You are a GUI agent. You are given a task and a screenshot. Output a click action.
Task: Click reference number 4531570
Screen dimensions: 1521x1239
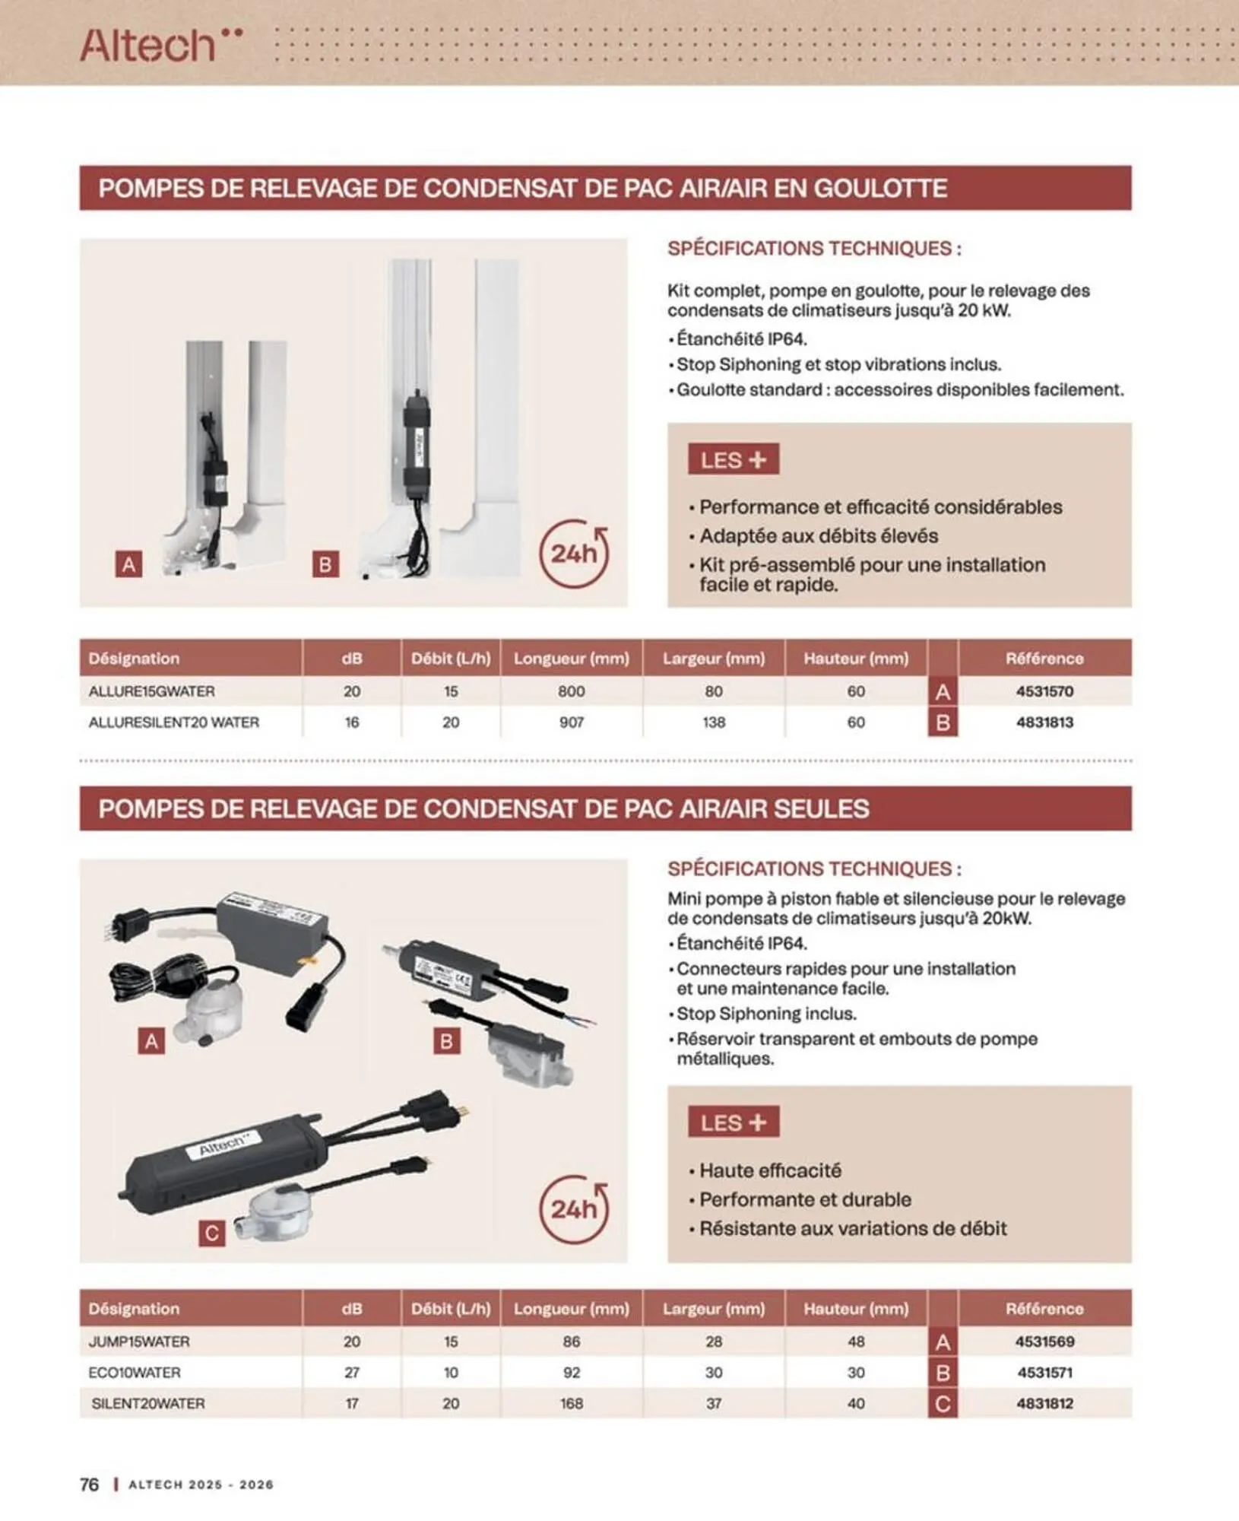1044,691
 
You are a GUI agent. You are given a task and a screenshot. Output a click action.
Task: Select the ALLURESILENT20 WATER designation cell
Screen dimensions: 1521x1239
174,722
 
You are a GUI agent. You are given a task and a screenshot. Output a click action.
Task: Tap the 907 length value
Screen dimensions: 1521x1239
572,722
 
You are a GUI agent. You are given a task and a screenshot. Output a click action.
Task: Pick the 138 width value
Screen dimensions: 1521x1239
713,722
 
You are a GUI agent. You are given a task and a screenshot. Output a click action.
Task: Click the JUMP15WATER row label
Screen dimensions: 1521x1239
139,1342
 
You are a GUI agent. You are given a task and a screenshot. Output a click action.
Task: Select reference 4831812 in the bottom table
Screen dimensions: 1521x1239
1044,1404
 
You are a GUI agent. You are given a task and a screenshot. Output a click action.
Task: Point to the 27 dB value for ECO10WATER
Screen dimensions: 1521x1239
351,1373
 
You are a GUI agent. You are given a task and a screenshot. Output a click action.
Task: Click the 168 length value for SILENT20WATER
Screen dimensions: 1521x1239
572,1404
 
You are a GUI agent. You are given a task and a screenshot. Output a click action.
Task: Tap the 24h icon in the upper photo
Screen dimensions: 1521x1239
575,554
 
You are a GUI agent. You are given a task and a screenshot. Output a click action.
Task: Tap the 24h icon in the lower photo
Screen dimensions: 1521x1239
575,1209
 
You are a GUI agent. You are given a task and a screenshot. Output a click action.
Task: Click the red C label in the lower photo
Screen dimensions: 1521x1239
212,1233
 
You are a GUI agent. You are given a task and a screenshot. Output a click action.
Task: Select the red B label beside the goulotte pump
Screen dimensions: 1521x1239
325,564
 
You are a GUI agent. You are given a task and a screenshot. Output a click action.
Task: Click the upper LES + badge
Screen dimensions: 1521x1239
734,460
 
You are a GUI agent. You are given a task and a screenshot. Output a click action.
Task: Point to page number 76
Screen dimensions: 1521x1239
89,1484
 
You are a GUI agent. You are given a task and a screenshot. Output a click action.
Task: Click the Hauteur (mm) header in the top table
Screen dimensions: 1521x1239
856,659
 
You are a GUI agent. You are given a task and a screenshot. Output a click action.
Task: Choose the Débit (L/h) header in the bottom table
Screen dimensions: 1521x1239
451,1309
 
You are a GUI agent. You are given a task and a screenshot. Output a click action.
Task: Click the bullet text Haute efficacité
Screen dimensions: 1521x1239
770,1170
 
